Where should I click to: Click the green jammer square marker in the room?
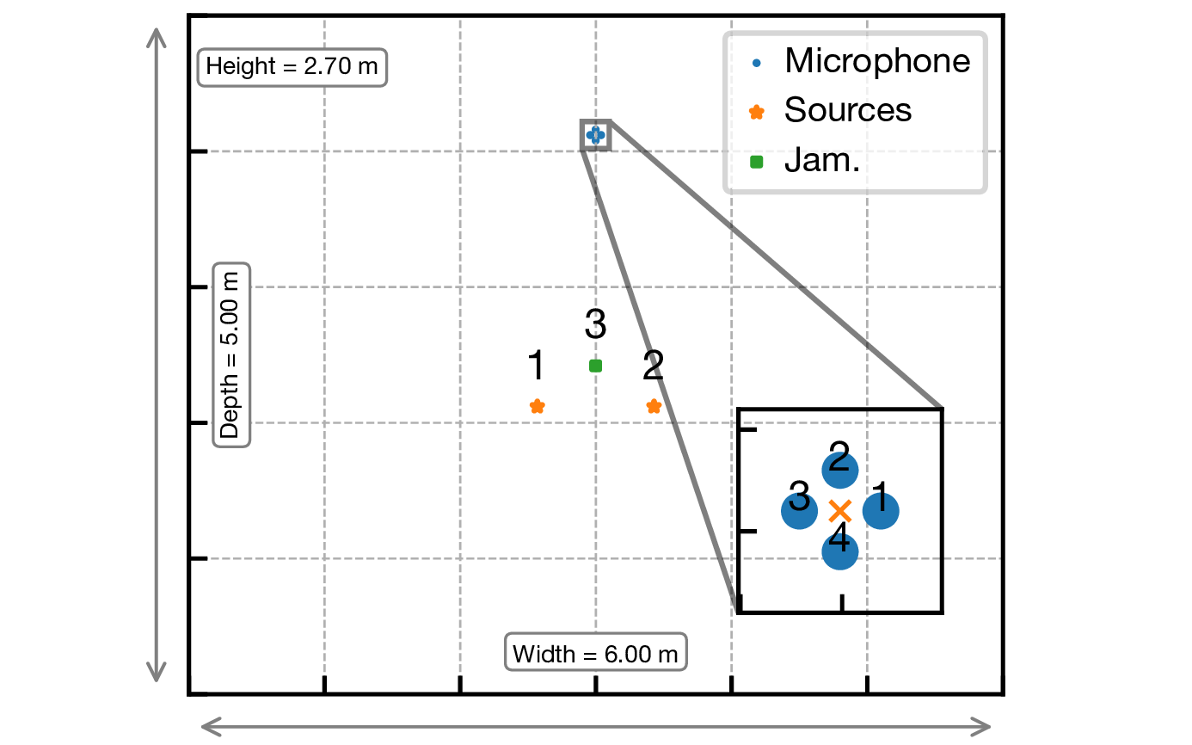pos(595,366)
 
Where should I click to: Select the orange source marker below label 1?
pos(537,406)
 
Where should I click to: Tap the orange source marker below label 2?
pos(654,406)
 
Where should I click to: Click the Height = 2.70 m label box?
pos(292,66)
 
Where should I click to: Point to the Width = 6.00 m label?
pos(595,655)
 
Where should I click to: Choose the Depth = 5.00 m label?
pos(230,354)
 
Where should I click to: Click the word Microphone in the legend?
pos(877,61)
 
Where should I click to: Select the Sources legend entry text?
pos(847,110)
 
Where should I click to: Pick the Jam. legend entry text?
pos(822,160)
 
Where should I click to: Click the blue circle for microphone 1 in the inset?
pos(882,512)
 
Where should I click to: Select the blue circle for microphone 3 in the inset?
pos(799,512)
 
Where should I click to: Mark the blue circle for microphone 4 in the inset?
pos(840,552)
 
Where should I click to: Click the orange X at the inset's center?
pos(840,511)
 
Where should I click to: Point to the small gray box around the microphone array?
pos(595,135)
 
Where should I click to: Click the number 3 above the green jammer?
pos(595,325)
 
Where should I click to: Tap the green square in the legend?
pos(756,161)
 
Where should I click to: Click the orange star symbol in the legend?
pos(756,111)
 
